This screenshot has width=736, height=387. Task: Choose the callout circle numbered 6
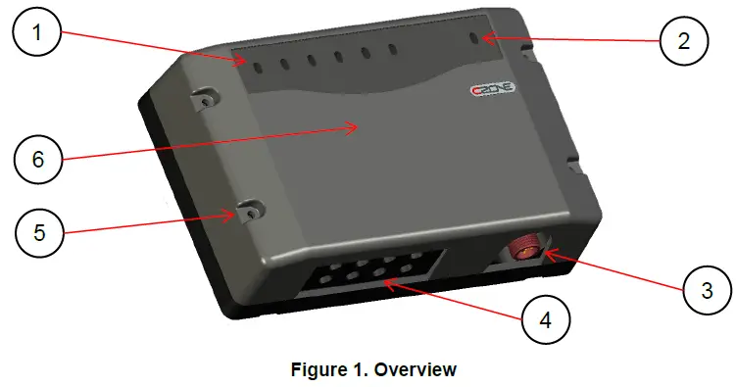click(39, 158)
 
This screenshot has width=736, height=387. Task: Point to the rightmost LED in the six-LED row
click(392, 49)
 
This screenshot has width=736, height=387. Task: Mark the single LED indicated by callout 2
click(475, 39)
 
